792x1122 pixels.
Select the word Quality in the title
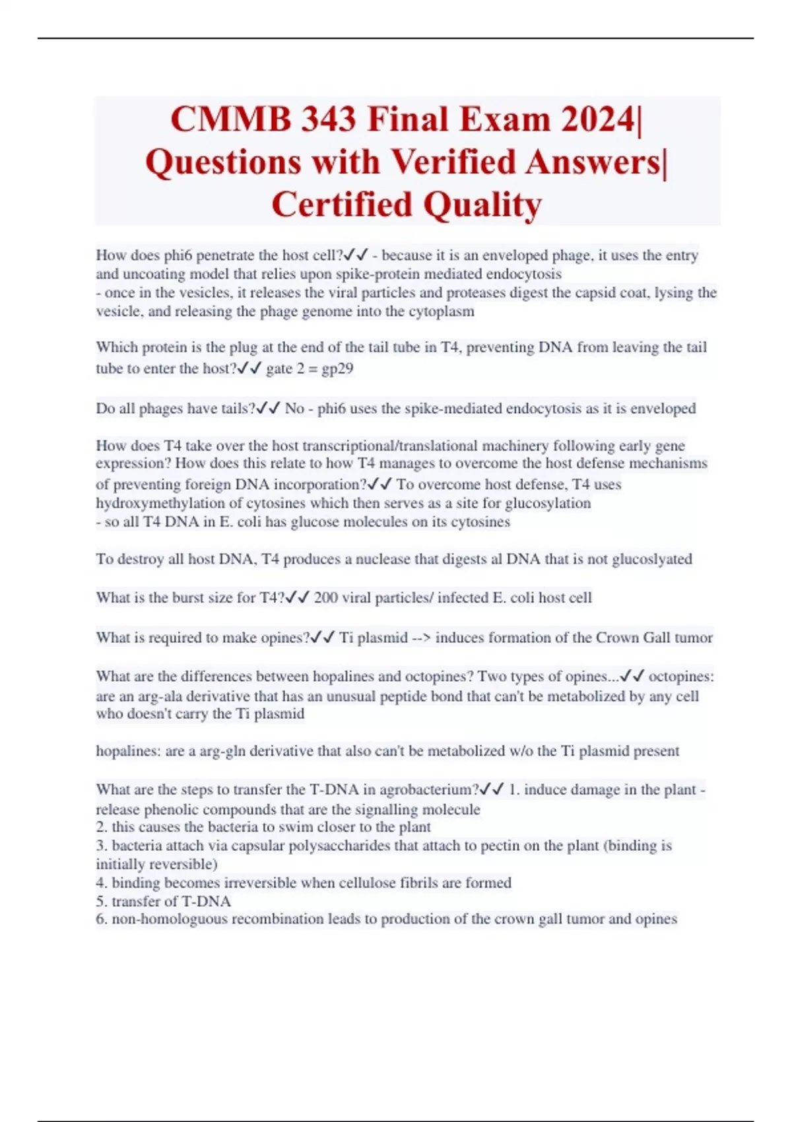click(482, 205)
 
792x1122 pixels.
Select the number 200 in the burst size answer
click(325, 598)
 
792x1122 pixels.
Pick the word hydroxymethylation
click(169, 503)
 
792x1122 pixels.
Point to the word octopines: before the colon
click(680, 676)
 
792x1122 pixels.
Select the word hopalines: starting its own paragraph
click(129, 751)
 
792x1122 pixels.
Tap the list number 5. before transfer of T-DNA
click(102, 901)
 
